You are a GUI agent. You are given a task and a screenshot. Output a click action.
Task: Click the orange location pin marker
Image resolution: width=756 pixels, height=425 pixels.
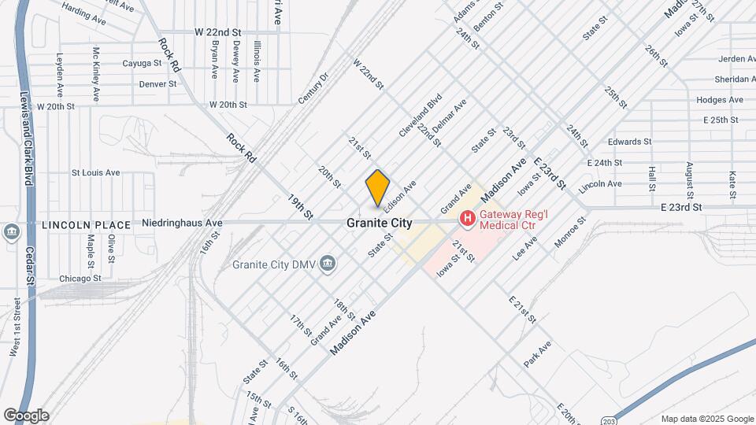coord(378,188)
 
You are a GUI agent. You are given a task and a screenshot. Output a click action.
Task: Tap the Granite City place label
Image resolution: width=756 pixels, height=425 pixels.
coord(379,224)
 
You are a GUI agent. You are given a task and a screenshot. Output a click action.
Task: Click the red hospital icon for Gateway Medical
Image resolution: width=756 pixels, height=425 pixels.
coord(467,217)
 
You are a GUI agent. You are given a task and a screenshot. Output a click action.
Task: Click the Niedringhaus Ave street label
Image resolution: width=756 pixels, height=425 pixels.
coord(182,223)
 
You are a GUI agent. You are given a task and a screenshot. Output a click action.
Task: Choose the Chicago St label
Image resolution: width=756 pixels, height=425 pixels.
coord(80,279)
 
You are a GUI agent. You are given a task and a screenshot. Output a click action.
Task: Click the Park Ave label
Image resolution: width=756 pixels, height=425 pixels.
coord(538,355)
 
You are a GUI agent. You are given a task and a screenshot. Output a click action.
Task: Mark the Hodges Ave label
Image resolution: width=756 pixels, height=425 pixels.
coord(720,100)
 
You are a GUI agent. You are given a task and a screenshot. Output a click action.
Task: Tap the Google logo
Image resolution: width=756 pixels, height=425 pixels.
coord(26,416)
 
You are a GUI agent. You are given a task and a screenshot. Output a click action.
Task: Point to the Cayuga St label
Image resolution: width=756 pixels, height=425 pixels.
coord(142,63)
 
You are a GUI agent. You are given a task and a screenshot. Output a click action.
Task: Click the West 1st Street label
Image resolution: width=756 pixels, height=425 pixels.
coord(15,327)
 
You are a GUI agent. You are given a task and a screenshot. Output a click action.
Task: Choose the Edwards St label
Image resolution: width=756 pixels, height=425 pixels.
coord(630,142)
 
